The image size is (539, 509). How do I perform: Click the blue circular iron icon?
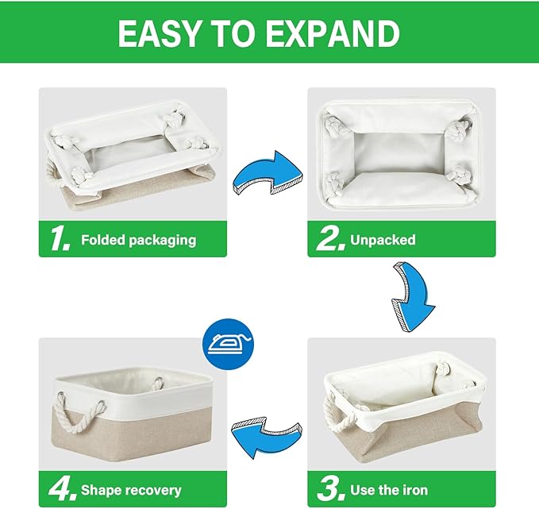(230, 342)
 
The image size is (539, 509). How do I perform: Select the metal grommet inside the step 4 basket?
(158, 383)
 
